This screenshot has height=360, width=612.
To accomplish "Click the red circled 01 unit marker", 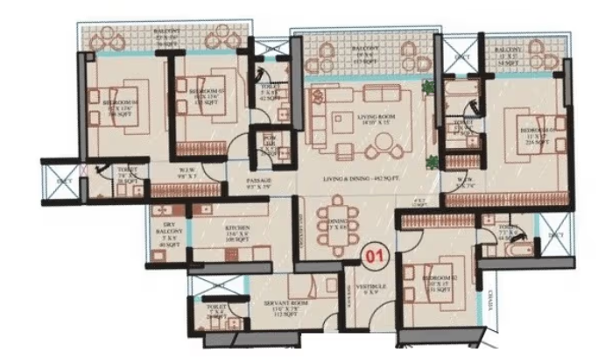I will pos(374,256).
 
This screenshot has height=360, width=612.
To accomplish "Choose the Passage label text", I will pos(257,183).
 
